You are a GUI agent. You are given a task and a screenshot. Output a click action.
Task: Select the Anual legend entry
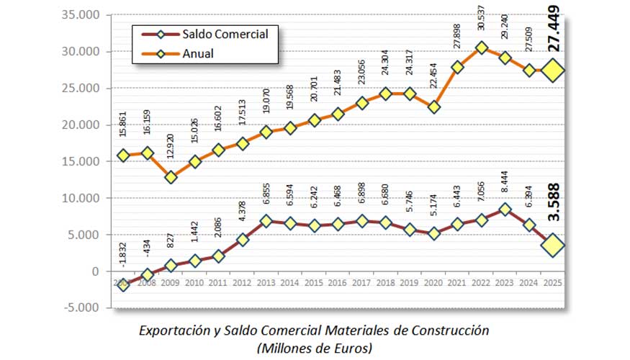click(x=198, y=53)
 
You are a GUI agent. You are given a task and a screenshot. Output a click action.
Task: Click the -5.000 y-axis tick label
click(x=85, y=307)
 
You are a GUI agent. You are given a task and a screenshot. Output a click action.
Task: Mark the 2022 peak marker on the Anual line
click(x=482, y=48)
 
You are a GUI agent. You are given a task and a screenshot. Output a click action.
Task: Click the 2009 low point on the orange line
click(x=171, y=176)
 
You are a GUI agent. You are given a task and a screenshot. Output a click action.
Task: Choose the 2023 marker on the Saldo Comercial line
click(x=506, y=210)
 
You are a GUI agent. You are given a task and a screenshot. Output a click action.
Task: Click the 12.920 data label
click(x=171, y=153)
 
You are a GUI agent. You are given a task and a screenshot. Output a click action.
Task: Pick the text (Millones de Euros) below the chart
click(x=315, y=348)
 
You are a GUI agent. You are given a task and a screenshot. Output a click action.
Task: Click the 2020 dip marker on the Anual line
click(x=434, y=107)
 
